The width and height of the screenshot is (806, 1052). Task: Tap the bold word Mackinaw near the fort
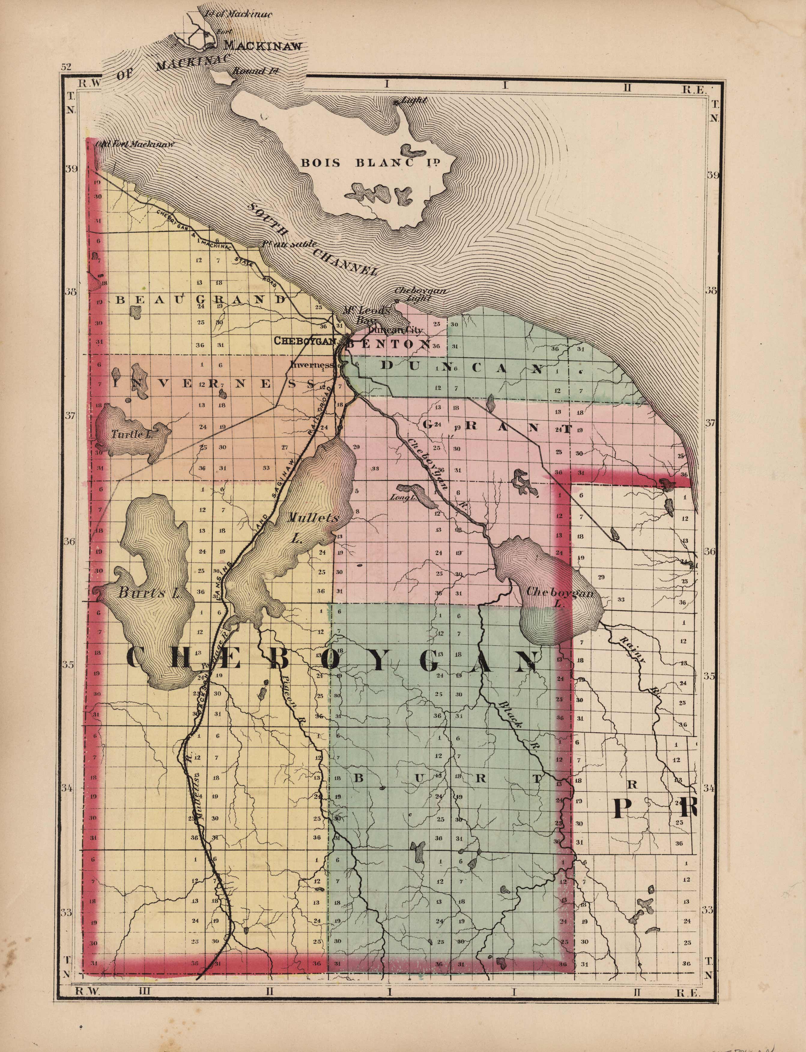coord(263,46)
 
